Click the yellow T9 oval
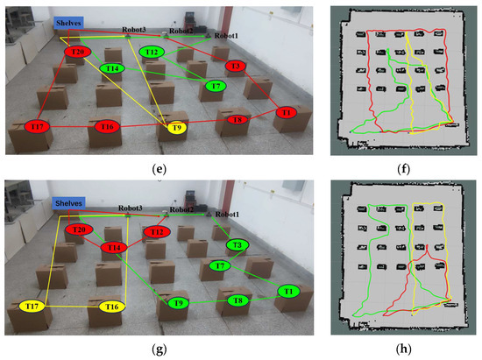(x=176, y=128)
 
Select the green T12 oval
(x=152, y=53)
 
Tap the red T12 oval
(x=158, y=232)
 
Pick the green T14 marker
(x=112, y=68)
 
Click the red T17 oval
(x=40, y=128)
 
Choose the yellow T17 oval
(x=32, y=307)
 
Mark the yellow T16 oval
(x=111, y=307)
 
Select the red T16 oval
(x=108, y=128)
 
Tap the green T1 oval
(x=290, y=291)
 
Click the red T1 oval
(x=285, y=113)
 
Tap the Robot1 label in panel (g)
(x=227, y=214)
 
